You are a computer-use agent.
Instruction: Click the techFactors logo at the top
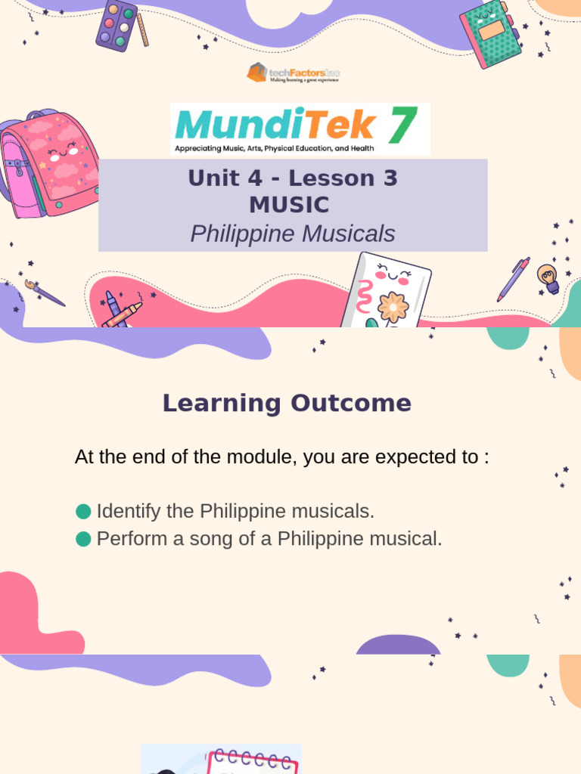(x=293, y=73)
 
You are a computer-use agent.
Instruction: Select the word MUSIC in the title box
(x=289, y=205)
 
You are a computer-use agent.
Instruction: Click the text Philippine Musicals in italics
(x=292, y=234)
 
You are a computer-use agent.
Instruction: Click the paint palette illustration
(x=117, y=24)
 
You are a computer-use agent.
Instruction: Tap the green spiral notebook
(x=490, y=34)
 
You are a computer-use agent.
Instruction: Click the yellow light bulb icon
(x=548, y=278)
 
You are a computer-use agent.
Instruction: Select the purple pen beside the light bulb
(x=513, y=278)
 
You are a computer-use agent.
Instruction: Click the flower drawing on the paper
(x=393, y=307)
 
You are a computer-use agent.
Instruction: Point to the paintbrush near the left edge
(x=44, y=293)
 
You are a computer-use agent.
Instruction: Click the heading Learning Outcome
(x=287, y=403)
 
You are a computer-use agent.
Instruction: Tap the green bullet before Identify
(x=84, y=512)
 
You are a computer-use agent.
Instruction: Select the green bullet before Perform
(x=84, y=539)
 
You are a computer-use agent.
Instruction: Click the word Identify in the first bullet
(x=129, y=512)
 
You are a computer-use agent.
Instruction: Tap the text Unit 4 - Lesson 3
(x=293, y=178)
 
